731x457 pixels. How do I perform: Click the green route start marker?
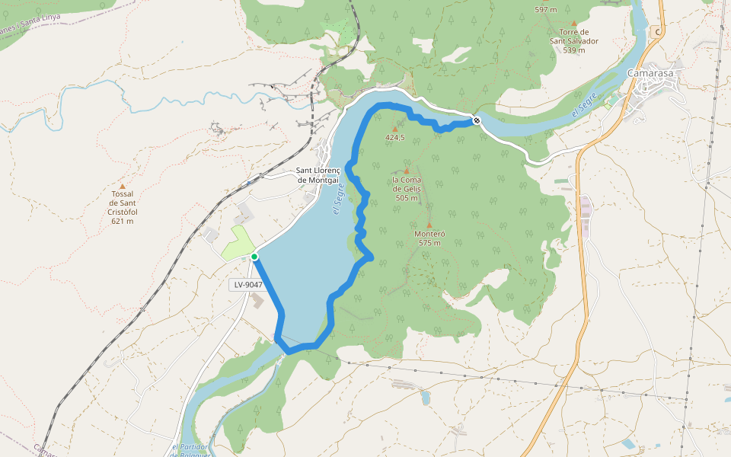[254, 257]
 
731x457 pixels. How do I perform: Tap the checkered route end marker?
[477, 120]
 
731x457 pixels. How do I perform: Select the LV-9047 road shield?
[248, 284]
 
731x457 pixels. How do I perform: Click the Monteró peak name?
[429, 235]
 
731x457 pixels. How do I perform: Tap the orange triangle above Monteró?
[429, 225]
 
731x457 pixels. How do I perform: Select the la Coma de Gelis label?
[407, 184]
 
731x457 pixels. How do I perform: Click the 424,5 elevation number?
[394, 138]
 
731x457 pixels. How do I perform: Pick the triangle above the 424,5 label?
[394, 129]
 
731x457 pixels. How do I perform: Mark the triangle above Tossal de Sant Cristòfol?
[122, 185]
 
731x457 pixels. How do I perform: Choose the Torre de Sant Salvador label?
[574, 37]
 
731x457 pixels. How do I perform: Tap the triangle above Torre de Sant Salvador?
[574, 24]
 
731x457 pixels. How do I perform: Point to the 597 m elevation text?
[546, 10]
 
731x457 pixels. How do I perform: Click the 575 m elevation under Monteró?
[429, 243]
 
